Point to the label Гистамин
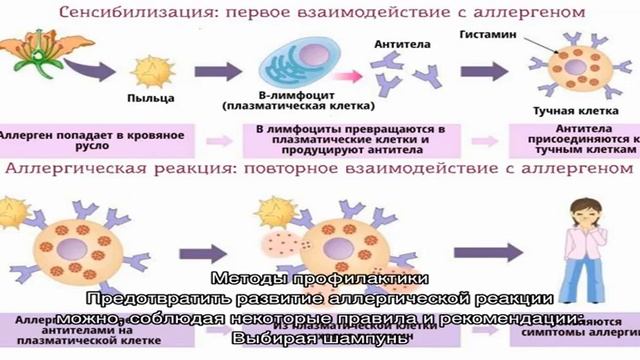point(487,34)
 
